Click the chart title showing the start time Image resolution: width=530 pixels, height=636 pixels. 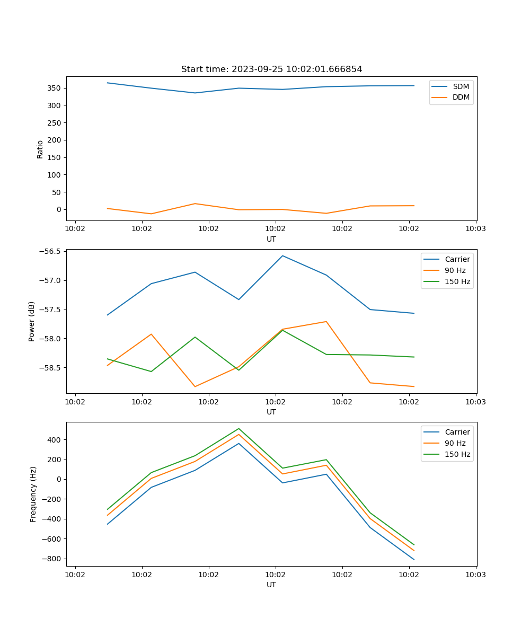(x=271, y=69)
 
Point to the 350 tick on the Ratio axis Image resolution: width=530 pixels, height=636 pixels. (x=55, y=88)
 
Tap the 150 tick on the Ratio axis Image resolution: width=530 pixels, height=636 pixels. (x=55, y=157)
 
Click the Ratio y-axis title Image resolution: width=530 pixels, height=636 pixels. (x=40, y=149)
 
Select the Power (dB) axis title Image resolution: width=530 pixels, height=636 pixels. (x=32, y=321)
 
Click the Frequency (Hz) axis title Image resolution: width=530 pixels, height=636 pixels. (x=33, y=494)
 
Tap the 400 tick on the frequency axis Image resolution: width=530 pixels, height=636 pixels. (x=55, y=440)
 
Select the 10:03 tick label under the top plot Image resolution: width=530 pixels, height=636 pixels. (x=475, y=229)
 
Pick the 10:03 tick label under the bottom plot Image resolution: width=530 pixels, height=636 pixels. (x=475, y=575)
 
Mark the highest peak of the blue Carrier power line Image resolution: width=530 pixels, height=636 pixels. (x=282, y=255)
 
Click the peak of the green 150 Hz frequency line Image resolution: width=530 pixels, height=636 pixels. (x=238, y=428)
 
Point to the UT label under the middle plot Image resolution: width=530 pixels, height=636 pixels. (x=271, y=412)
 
